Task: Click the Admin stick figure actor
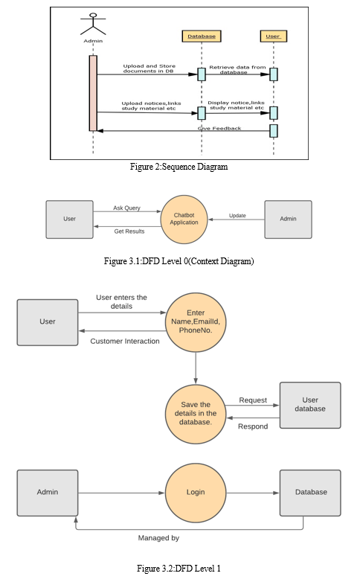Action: click(93, 24)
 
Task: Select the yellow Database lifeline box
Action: click(202, 36)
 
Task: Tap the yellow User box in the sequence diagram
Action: click(274, 36)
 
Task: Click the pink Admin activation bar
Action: click(93, 93)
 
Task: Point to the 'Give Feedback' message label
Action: click(219, 128)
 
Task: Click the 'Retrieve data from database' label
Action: click(237, 70)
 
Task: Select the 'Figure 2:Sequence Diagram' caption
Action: click(179, 167)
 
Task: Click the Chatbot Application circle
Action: click(184, 220)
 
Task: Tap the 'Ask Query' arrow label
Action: click(126, 208)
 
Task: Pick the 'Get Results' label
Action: click(129, 231)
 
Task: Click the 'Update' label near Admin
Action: click(237, 215)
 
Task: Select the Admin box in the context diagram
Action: click(288, 220)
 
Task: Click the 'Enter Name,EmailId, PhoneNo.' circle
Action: click(196, 322)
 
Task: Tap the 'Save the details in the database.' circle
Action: click(196, 414)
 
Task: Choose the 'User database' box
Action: click(310, 405)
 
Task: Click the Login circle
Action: click(196, 492)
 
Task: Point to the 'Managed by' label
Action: click(158, 538)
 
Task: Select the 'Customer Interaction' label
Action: click(125, 341)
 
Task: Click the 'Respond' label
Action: click(253, 426)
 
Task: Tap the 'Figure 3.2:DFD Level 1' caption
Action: click(179, 569)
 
